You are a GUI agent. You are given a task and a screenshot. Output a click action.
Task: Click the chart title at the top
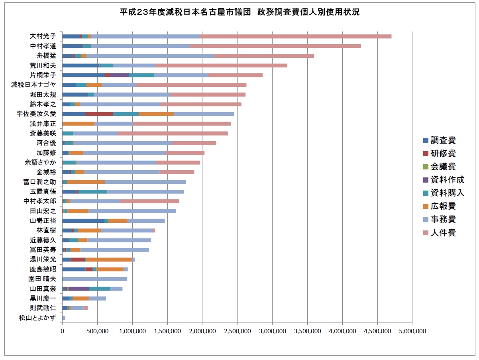(239, 12)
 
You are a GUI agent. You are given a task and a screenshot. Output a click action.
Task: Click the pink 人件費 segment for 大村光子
(295, 36)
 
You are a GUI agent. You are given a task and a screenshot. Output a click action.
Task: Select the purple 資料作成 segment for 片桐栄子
(119, 75)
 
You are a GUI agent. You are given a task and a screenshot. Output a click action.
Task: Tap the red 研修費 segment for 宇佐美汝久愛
(99, 114)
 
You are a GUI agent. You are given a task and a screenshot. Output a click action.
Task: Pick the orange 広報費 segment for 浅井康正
(79, 124)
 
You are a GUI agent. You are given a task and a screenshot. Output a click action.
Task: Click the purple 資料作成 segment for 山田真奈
(79, 288)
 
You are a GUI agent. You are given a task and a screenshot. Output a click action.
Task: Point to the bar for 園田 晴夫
(95, 279)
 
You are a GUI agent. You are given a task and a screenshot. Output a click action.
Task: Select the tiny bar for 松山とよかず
(64, 317)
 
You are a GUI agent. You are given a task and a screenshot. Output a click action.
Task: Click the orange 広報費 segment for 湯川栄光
(109, 260)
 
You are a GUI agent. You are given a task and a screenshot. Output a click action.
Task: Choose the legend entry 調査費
(440, 140)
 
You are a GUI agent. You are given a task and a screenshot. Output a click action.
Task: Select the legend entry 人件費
(440, 232)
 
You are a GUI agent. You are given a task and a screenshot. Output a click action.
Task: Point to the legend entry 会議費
(440, 167)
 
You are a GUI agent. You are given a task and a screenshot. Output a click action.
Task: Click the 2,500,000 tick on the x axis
(237, 331)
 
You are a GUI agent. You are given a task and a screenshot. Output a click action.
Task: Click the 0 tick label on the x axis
(62, 331)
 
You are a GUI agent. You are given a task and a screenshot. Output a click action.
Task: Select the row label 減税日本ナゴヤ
(33, 85)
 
